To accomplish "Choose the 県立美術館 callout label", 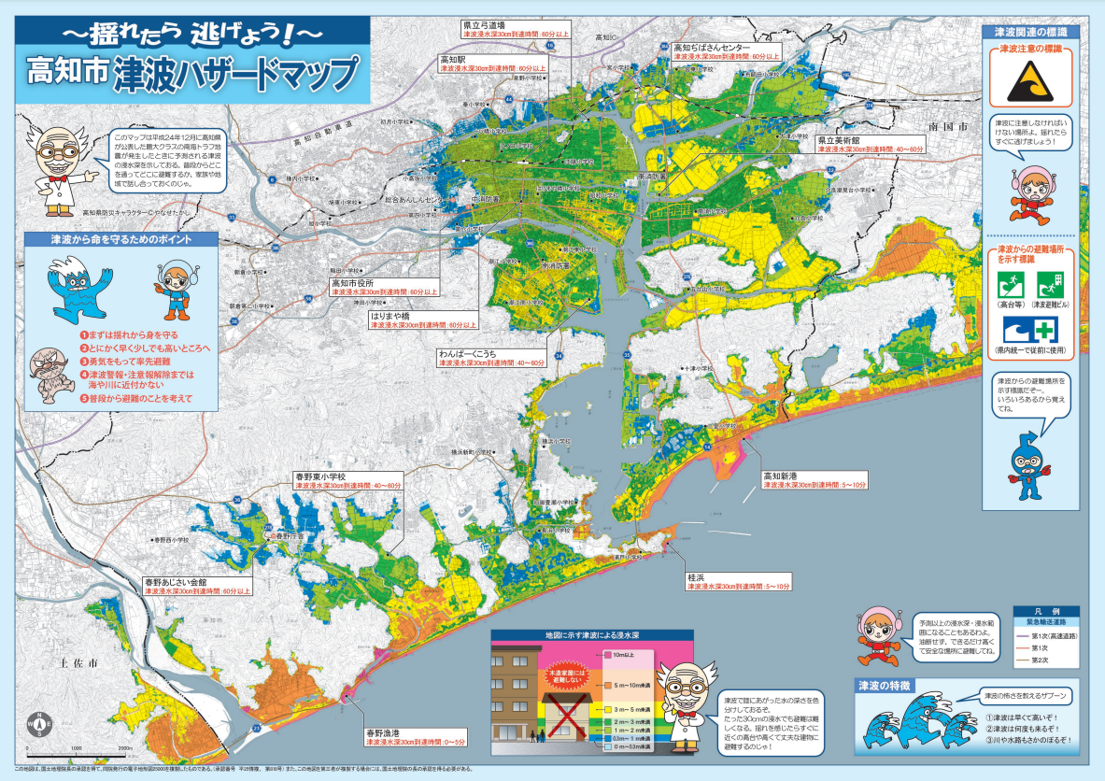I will coord(870,144).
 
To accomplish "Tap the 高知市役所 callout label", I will coord(383,287).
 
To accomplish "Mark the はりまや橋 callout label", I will coord(421,320).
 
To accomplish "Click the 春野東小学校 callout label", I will coord(347,481).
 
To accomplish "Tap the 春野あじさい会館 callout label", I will coord(197,586).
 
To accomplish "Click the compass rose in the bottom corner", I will coord(40,724).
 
